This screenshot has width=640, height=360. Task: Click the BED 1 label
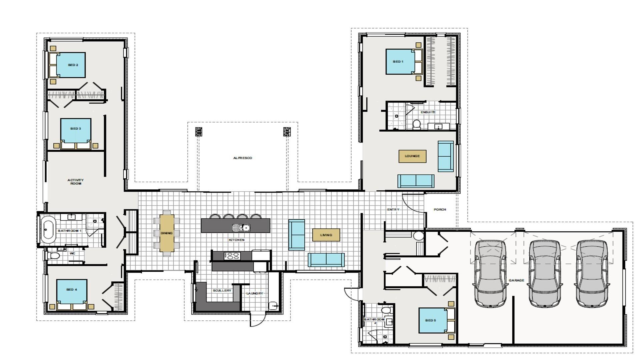[398, 62]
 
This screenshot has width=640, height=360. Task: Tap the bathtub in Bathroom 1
[48, 230]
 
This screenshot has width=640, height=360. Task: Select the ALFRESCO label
[243, 158]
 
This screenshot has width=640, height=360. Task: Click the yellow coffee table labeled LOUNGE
[412, 156]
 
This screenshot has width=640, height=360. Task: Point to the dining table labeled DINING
[167, 233]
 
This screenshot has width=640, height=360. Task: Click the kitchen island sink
[241, 228]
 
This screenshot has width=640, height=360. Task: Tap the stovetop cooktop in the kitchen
[232, 256]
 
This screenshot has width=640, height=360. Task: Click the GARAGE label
[516, 280]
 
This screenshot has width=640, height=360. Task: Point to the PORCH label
[440, 210]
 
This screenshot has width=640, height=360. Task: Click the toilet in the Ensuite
[416, 125]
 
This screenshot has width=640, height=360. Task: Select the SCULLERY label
[222, 291]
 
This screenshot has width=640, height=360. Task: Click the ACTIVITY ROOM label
[76, 182]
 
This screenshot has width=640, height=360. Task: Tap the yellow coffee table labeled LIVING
[326, 235]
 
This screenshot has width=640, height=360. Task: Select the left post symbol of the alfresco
[199, 132]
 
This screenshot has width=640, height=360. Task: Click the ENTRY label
[393, 210]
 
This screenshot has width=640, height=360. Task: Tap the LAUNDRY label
[255, 293]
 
